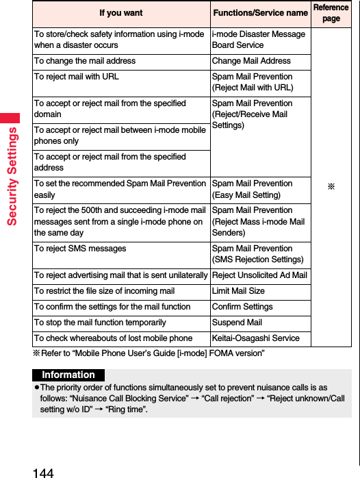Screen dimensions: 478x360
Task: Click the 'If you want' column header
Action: [120, 13]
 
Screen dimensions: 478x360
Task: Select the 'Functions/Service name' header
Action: [260, 13]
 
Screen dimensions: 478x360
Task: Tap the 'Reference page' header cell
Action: [331, 13]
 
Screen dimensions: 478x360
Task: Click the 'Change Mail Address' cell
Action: [251, 61]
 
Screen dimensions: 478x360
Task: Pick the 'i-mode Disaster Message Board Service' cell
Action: [259, 40]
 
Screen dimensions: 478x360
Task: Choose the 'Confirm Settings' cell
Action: [242, 307]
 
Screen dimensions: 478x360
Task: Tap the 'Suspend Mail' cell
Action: [236, 323]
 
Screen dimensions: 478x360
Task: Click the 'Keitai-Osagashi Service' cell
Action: [255, 338]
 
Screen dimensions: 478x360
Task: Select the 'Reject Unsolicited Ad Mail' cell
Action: [259, 275]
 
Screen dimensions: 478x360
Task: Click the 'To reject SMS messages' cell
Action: [80, 249]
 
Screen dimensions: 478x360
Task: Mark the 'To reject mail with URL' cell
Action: [77, 77]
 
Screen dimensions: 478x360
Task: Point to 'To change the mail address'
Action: [85, 61]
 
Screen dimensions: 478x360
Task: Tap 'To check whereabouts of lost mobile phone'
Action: [114, 338]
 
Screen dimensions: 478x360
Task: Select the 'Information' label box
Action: [68, 375]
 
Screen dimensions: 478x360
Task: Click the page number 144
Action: [43, 471]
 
